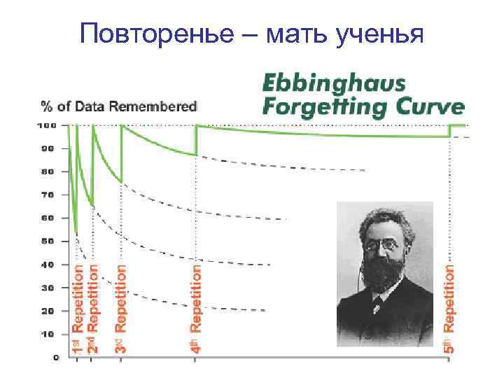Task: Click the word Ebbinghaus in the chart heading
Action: (333, 84)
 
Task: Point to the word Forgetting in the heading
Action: (318, 106)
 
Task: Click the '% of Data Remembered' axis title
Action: (120, 106)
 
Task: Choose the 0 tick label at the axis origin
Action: (55, 357)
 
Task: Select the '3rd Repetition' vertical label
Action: (121, 307)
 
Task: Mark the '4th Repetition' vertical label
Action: (197, 307)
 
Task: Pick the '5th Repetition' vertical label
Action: (450, 307)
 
